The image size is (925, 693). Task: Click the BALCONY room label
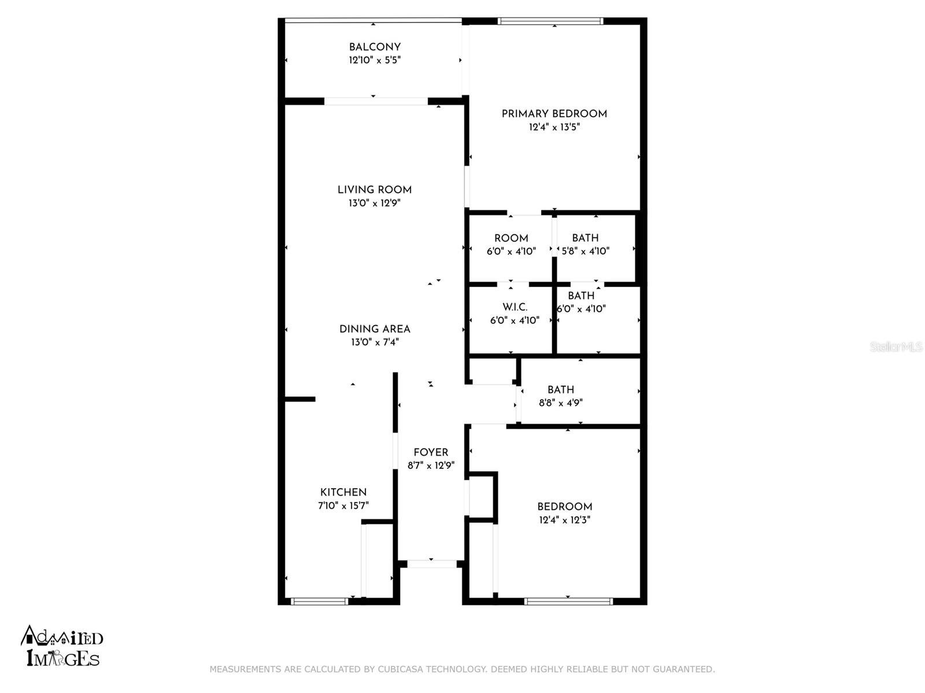375,47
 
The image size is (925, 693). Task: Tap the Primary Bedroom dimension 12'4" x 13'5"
554,127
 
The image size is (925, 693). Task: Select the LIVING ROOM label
375,190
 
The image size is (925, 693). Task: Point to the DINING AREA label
375,329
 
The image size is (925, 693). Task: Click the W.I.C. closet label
515,307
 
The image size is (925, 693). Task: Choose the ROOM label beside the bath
511,238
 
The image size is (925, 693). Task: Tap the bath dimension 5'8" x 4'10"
586,251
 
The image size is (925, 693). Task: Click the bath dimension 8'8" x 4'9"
561,403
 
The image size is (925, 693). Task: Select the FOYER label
431,452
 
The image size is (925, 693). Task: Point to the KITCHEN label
343,492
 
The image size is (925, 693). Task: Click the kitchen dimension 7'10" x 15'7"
343,505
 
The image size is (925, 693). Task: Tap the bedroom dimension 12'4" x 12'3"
565,520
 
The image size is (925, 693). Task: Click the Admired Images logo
62,646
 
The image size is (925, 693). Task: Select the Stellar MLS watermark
896,346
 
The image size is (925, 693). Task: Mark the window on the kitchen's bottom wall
320,602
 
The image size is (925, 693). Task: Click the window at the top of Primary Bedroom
550,21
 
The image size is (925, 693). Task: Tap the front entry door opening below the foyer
432,564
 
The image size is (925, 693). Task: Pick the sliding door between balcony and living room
376,102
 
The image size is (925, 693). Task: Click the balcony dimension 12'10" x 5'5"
375,60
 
